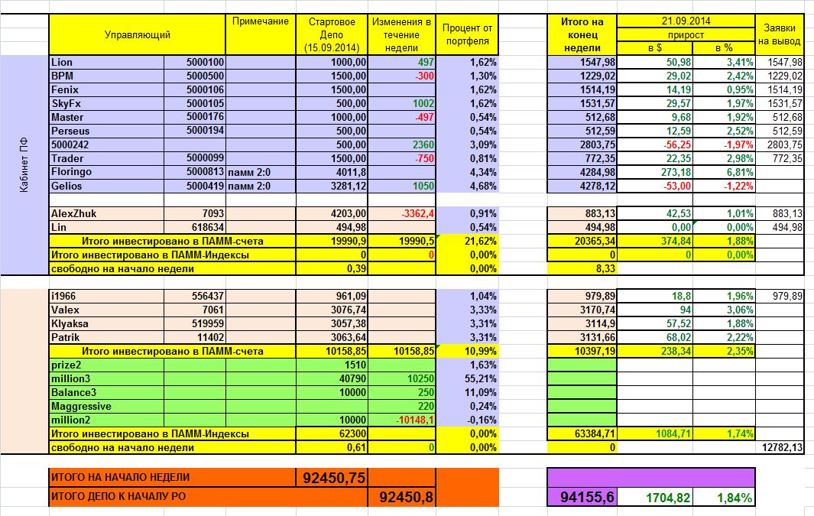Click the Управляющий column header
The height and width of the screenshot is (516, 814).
pyautogui.click(x=138, y=34)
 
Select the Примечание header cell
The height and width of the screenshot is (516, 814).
pyautogui.click(x=260, y=21)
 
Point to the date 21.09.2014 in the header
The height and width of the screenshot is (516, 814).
pyautogui.click(x=686, y=21)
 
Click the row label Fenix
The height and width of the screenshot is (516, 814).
pyautogui.click(x=65, y=89)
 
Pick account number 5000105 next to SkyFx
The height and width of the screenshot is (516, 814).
pyautogui.click(x=205, y=103)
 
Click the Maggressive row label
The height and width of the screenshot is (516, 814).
pyautogui.click(x=81, y=406)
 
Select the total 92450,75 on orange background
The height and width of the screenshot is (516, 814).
pyautogui.click(x=333, y=478)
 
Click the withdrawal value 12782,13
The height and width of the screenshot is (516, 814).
pyautogui.click(x=781, y=447)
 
